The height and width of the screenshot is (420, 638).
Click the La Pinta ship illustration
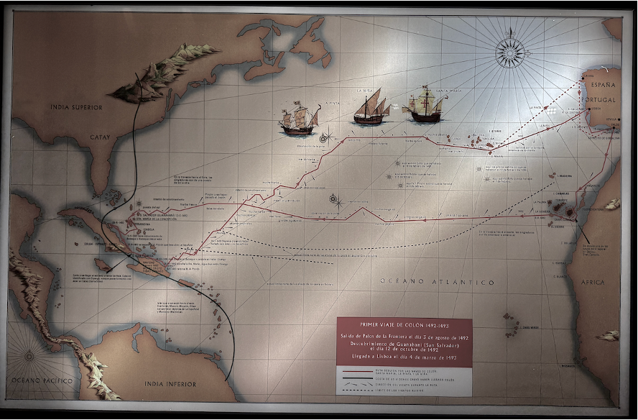(300, 119)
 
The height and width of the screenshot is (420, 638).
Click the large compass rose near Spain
(509, 52)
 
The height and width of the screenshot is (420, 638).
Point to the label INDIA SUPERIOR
(76, 107)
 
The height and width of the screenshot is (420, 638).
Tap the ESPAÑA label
(602, 83)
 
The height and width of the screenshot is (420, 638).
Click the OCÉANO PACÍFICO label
(40, 379)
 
